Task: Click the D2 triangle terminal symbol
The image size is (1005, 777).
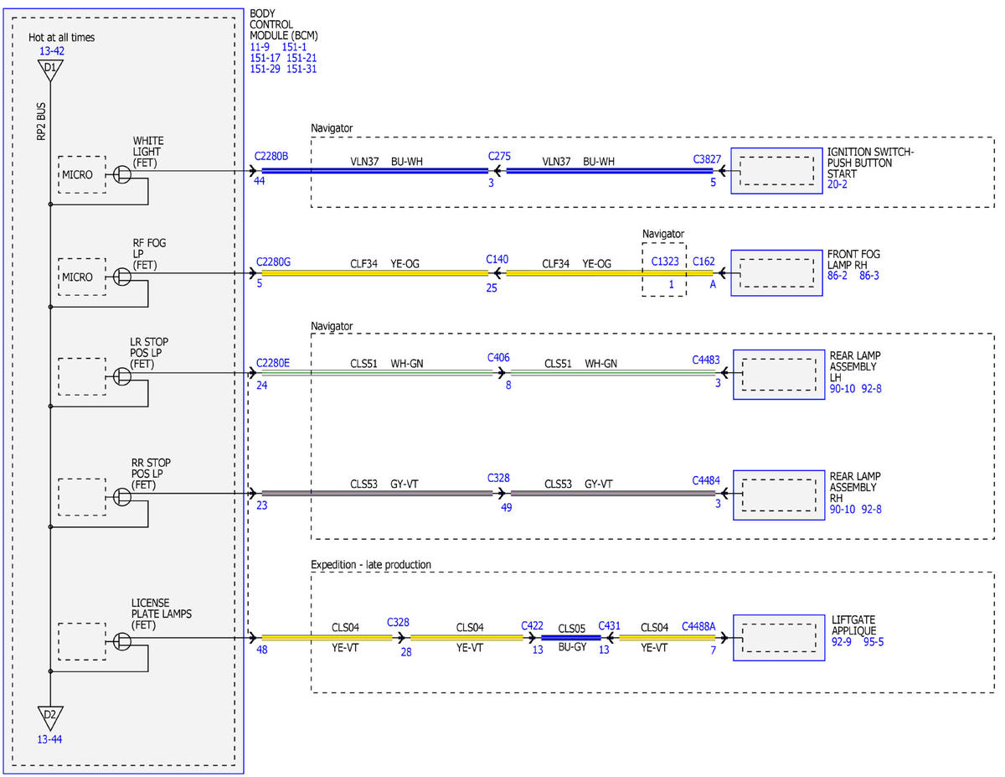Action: point(50,717)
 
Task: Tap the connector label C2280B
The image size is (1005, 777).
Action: point(271,157)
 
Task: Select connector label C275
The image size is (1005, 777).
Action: point(499,157)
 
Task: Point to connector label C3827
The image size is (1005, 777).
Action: point(707,159)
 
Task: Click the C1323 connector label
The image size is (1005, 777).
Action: point(665,262)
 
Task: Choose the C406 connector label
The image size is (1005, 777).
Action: point(498,358)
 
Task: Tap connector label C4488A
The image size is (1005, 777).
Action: point(698,627)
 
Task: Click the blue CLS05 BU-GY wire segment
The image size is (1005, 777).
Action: point(570,638)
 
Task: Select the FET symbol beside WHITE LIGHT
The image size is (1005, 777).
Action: point(122,174)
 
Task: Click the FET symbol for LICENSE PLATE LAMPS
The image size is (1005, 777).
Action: point(122,641)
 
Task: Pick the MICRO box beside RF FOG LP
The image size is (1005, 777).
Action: point(82,277)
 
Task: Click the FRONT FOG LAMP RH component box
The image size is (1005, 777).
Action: point(776,273)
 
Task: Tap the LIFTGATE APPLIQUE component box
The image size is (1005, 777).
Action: point(779,638)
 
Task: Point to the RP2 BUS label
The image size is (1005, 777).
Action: point(41,122)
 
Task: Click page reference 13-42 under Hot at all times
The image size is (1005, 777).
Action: point(52,51)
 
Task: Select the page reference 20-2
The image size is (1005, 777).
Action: point(837,184)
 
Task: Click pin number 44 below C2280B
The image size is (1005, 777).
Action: point(260,181)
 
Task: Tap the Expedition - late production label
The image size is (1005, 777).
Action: point(371,565)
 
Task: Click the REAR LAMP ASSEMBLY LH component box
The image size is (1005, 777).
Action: point(779,375)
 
